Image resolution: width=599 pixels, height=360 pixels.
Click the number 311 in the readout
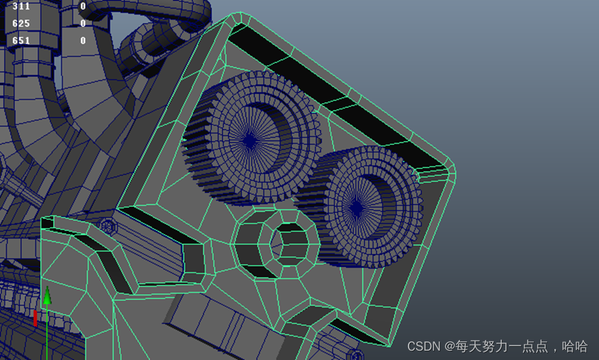pos(21,6)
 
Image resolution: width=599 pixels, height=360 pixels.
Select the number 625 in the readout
pos(21,23)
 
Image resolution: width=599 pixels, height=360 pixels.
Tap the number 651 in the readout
pos(21,41)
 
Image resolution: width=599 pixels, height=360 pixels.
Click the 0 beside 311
pos(83,6)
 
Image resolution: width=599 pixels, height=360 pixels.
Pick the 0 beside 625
pos(83,23)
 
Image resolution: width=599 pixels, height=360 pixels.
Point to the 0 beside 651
pos(83,41)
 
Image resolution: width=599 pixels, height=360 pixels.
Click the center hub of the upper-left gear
pos(250,140)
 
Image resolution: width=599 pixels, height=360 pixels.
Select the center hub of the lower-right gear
pos(357,208)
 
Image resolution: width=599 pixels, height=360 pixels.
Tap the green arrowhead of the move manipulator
pos(47,295)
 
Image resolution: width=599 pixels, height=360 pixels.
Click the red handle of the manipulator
pos(35,318)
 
